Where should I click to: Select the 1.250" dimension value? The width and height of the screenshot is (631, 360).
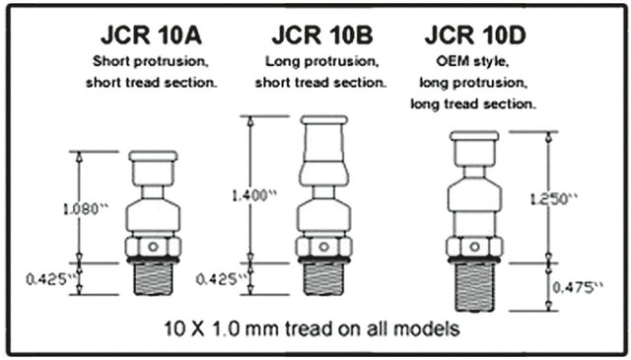(x=544, y=199)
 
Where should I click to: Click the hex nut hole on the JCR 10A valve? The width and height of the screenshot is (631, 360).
(x=153, y=246)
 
